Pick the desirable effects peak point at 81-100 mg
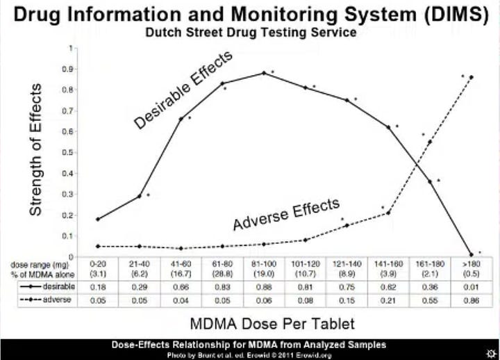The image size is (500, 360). pyautogui.click(x=264, y=73)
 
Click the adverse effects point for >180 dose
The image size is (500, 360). pyautogui.click(x=472, y=77)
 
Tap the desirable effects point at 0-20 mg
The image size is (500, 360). pyautogui.click(x=98, y=219)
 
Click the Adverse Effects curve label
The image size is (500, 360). pyautogui.click(x=285, y=215)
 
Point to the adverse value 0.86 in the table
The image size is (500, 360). pyautogui.click(x=472, y=300)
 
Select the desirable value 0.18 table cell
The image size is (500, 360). pyautogui.click(x=98, y=286)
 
